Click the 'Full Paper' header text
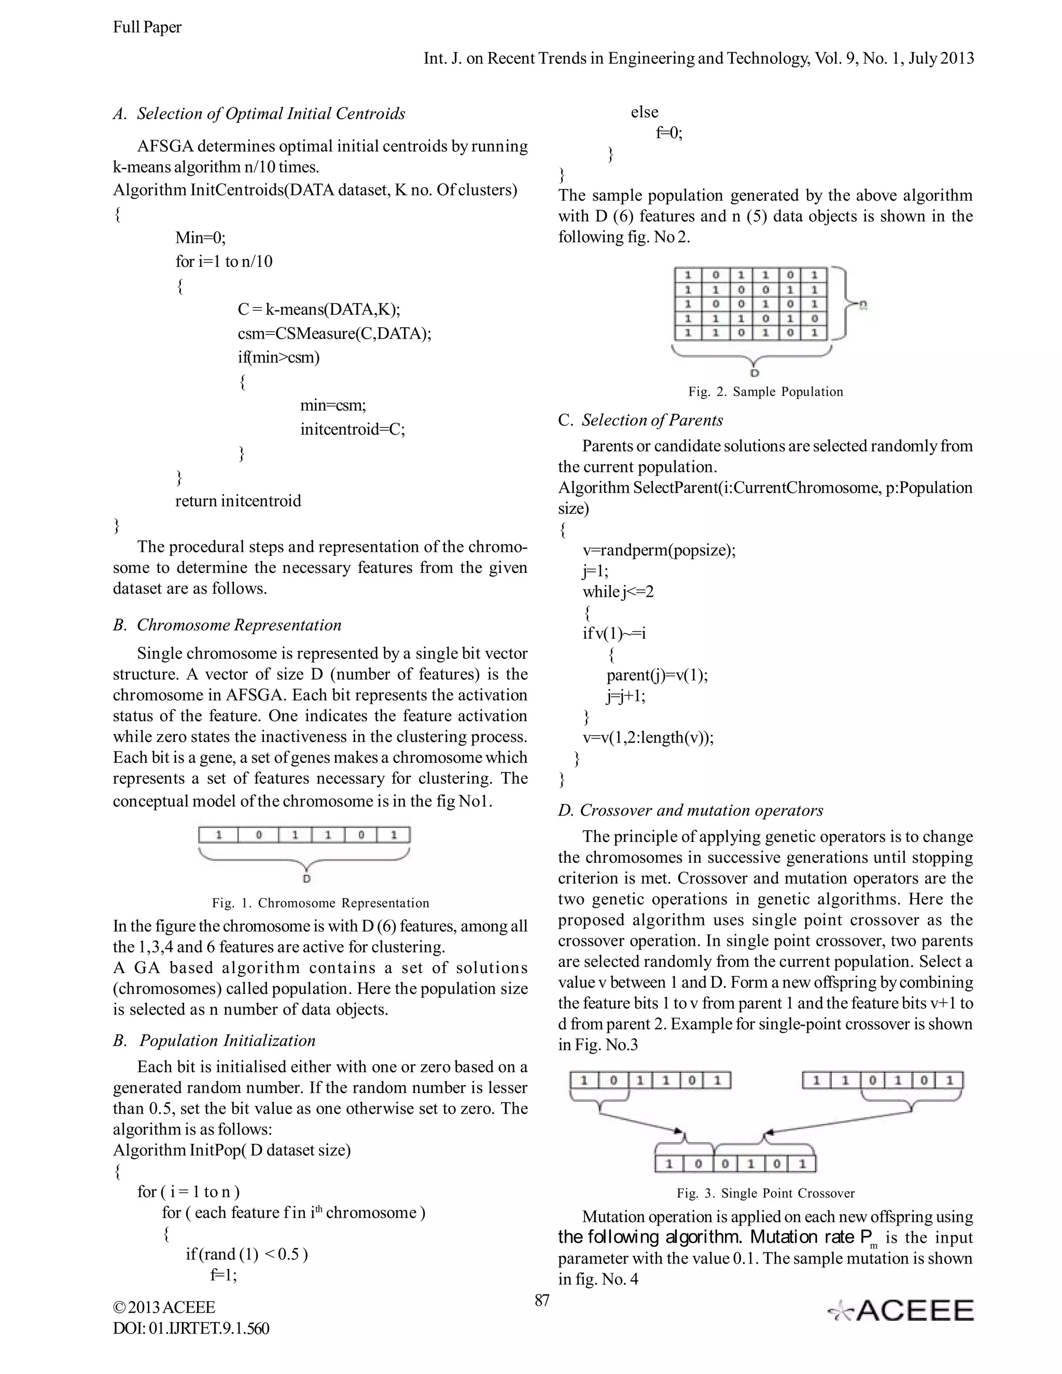pos(147,27)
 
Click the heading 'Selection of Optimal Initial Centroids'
pos(271,114)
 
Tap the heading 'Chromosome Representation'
pos(239,625)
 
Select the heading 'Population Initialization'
pos(227,1041)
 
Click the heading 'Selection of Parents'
pos(652,420)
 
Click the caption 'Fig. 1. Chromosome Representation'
pos(320,903)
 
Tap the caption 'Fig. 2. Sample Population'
pos(765,392)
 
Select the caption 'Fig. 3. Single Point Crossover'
pos(765,1194)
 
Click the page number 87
pos(542,1300)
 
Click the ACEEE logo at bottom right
pos(900,1310)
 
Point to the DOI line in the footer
pos(191,1329)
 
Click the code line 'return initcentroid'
pos(238,501)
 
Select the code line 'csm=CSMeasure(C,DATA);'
pos(334,333)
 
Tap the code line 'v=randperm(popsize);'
pos(658,551)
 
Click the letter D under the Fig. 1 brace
pos(306,879)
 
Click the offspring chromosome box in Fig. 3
pos(735,1164)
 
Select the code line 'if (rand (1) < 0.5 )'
pos(247,1254)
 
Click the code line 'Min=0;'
pos(200,238)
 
